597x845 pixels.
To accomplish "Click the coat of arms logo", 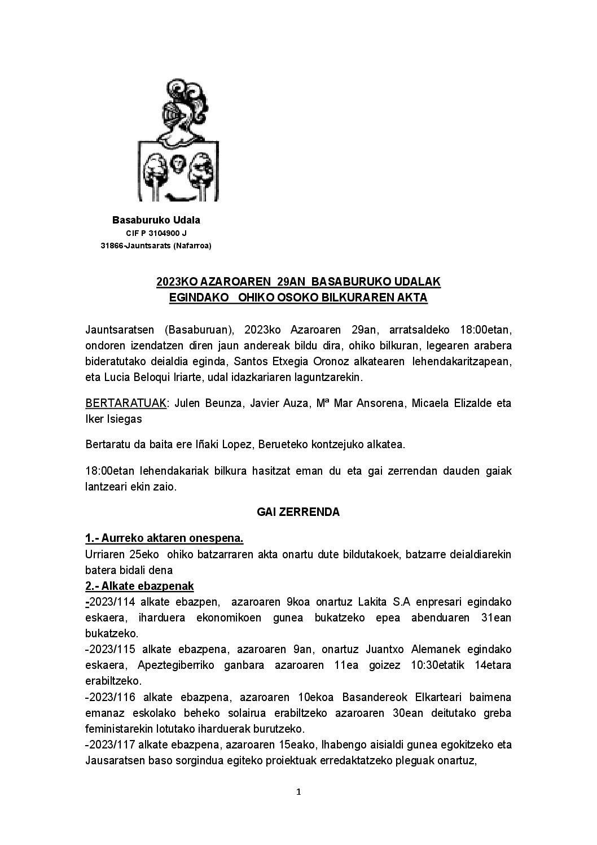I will [x=178, y=141].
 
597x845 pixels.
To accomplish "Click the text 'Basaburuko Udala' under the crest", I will [x=156, y=220].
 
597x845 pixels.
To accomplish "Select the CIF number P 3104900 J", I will [x=156, y=233].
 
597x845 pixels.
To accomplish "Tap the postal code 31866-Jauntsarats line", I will [x=156, y=246].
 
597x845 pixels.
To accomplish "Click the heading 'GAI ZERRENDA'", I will [x=298, y=512].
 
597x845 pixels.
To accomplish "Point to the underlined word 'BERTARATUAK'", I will [x=126, y=403].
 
